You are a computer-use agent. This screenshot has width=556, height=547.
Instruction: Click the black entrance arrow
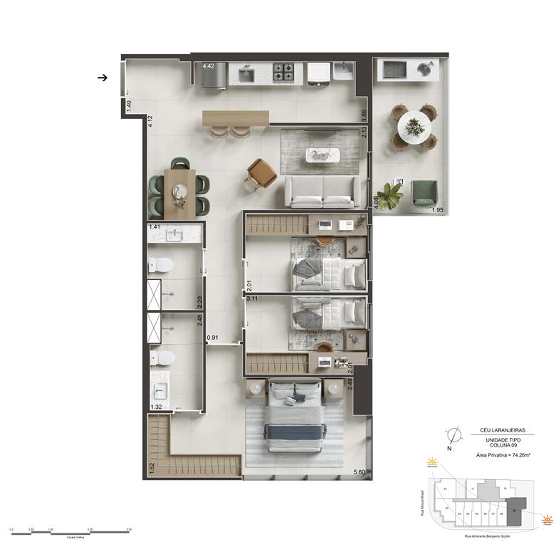pyautogui.click(x=103, y=78)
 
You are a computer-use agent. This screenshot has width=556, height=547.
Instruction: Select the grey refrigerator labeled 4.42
pyautogui.click(x=214, y=76)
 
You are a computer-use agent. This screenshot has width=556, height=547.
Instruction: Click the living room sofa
pyautogui.click(x=322, y=191)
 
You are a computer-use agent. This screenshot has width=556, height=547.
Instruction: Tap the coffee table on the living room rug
pyautogui.click(x=322, y=153)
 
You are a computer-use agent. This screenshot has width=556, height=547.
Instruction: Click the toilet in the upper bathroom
pyautogui.click(x=162, y=266)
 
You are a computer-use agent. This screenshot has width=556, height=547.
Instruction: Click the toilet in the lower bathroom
pyautogui.click(x=162, y=357)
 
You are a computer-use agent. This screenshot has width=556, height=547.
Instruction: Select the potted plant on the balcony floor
pyautogui.click(x=389, y=196)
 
